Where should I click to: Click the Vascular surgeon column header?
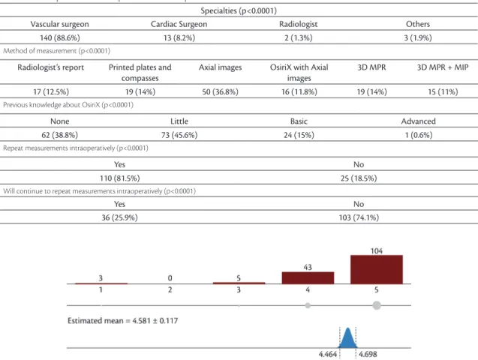(60, 24)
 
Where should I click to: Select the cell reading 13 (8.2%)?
(179, 37)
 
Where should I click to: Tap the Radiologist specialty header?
(299, 24)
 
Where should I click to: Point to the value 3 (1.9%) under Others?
(418, 37)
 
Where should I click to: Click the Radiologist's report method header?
(50, 67)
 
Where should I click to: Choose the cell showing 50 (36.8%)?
(220, 91)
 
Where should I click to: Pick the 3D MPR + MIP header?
(443, 67)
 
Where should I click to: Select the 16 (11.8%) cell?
(299, 91)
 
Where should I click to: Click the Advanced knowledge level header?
(418, 121)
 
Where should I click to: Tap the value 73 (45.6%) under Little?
(179, 135)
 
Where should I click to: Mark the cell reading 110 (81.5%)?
(119, 178)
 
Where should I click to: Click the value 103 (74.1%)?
(359, 217)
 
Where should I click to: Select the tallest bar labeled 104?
(377, 269)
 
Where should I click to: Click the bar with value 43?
(308, 277)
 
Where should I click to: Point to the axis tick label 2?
(170, 289)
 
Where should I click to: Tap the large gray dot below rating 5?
(377, 305)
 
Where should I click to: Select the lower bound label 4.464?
(328, 354)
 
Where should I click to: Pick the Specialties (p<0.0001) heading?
(239, 10)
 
